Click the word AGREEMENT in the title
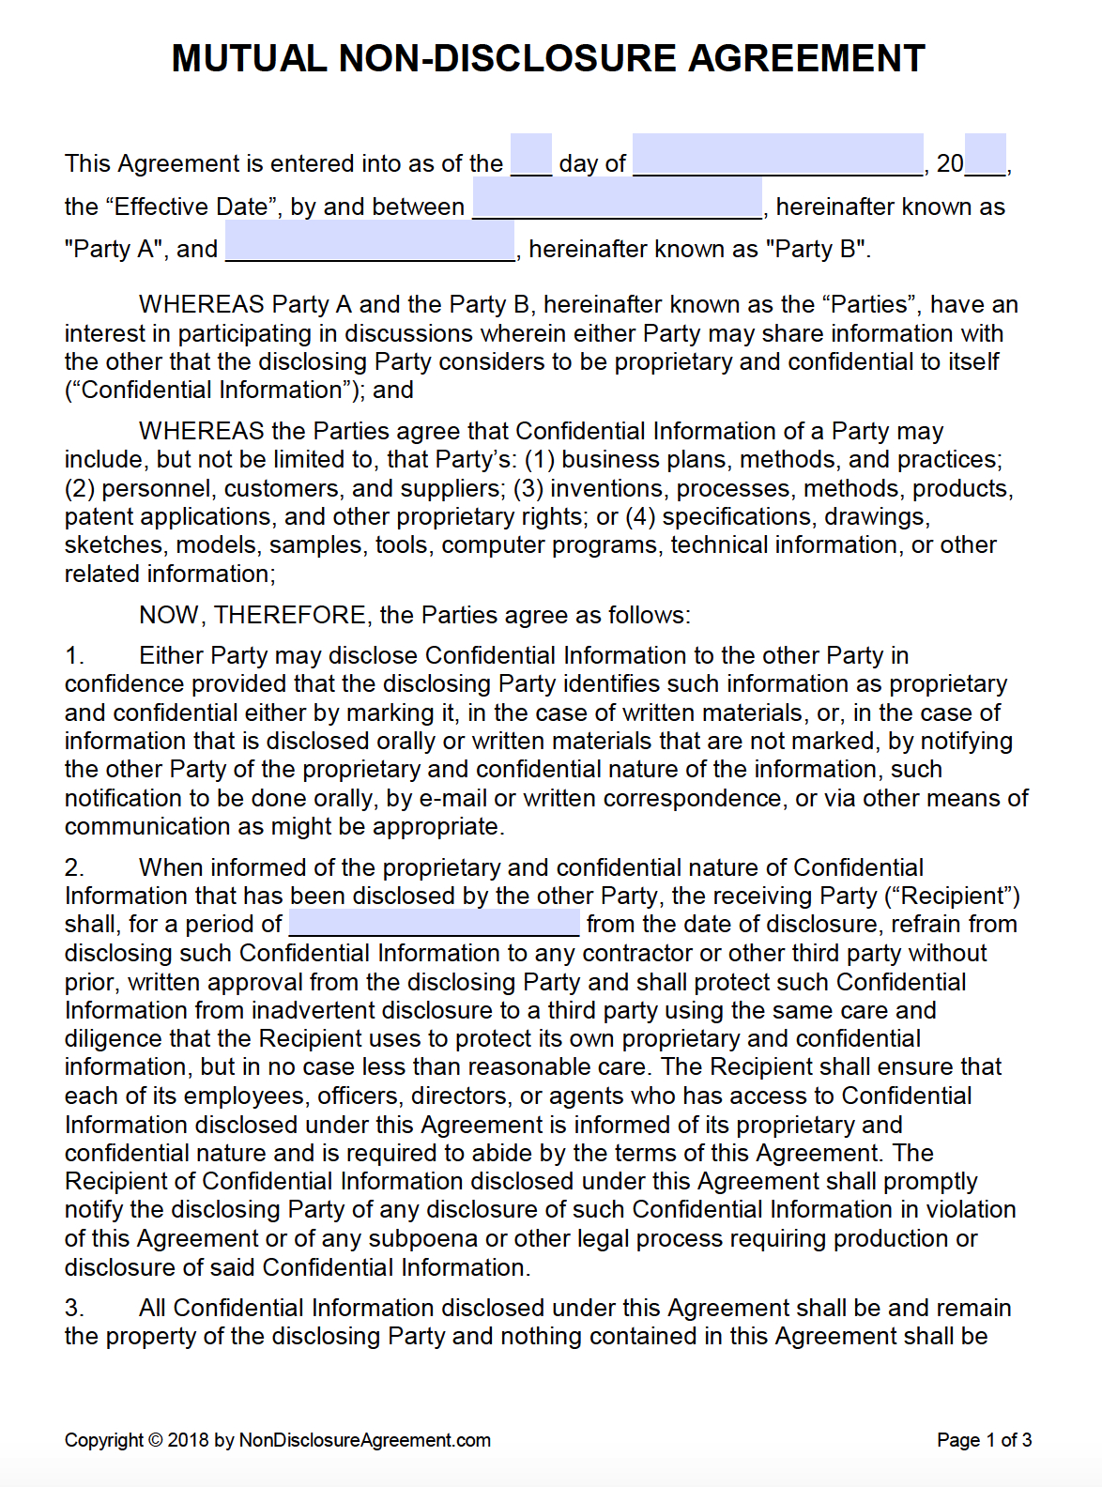click(807, 58)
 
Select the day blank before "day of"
click(531, 156)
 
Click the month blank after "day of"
click(777, 156)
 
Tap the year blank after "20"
click(985, 156)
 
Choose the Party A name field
click(617, 199)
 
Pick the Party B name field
click(370, 242)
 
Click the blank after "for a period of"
click(434, 923)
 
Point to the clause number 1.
click(74, 655)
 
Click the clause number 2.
click(74, 867)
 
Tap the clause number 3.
click(74, 1308)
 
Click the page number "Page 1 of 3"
click(984, 1440)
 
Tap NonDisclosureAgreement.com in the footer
click(365, 1440)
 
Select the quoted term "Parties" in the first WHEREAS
click(868, 304)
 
